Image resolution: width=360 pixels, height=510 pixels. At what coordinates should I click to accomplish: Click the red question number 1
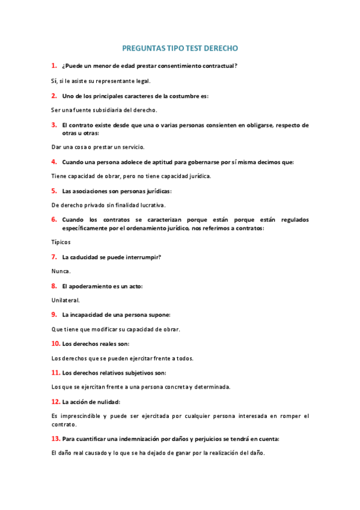pos(54,65)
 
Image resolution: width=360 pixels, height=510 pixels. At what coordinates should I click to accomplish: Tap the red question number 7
pos(54,257)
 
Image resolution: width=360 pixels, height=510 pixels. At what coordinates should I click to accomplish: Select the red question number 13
pos(55,438)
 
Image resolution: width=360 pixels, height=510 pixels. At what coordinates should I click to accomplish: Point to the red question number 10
pos(55,343)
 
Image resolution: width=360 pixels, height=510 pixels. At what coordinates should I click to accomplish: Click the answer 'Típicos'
pos(61,242)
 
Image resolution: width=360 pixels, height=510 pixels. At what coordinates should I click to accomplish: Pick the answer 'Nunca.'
pos(61,271)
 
